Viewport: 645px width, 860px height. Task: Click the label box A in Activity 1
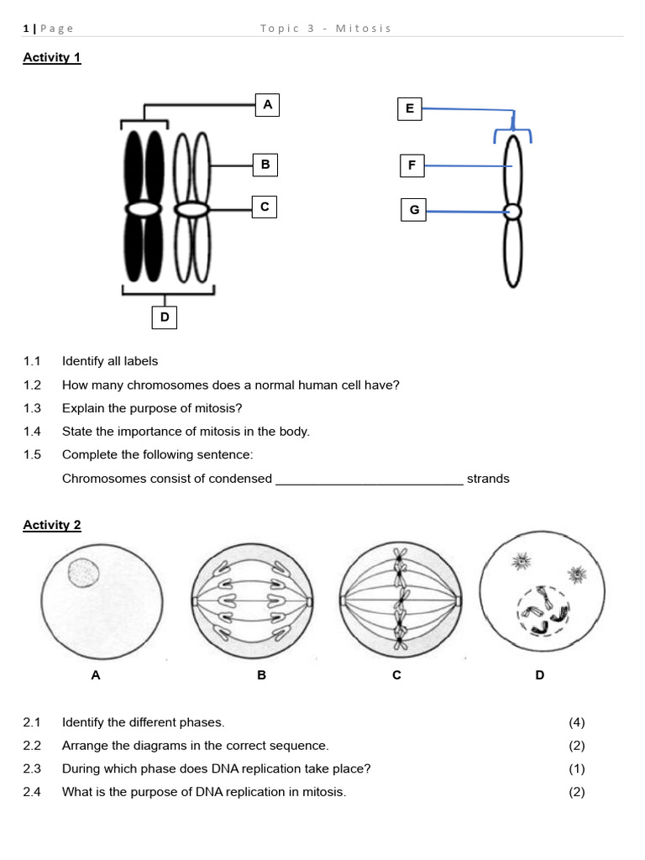tap(267, 105)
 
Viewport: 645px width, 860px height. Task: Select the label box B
tap(265, 165)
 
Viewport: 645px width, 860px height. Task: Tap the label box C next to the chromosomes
tap(265, 207)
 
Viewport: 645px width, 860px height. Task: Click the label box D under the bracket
tap(165, 317)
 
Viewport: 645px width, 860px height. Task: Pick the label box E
tap(409, 108)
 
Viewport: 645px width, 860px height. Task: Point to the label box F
tap(412, 165)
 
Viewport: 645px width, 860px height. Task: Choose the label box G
tap(413, 210)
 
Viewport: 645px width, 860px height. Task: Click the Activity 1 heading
tap(51, 58)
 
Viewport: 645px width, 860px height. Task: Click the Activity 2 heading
tap(51, 525)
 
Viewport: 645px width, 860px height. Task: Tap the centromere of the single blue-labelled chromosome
tap(512, 212)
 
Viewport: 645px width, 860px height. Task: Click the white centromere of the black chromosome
tap(144, 207)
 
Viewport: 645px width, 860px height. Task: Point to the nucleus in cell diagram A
tap(83, 574)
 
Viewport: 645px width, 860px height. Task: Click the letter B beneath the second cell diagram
tap(261, 674)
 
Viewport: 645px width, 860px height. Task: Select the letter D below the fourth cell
tap(539, 674)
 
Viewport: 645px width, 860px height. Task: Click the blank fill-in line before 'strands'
tap(370, 480)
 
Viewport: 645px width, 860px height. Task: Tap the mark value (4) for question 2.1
tap(576, 722)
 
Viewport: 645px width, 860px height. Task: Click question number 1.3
tap(32, 408)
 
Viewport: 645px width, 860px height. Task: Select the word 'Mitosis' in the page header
tap(364, 29)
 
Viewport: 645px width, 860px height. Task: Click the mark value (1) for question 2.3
tap(576, 768)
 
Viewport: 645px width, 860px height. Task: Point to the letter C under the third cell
tap(397, 674)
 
